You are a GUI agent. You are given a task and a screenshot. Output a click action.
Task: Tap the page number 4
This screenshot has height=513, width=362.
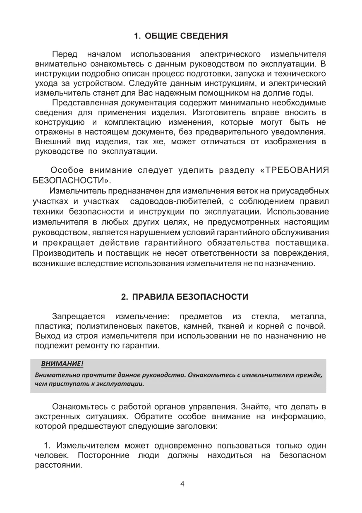(182, 484)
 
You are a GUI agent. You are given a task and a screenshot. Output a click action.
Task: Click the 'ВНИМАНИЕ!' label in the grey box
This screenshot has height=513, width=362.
(62, 363)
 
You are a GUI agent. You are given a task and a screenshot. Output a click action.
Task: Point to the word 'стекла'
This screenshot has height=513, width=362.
(264, 317)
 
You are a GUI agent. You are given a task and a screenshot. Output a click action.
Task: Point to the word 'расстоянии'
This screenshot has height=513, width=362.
(57, 465)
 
